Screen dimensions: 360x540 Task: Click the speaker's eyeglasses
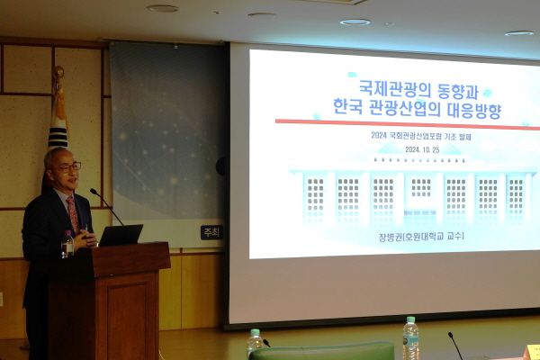68,167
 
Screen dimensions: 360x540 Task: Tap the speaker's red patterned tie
73,213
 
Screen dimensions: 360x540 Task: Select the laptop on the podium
120,236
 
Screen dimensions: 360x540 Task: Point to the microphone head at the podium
93,192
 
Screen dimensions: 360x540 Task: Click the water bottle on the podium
67,244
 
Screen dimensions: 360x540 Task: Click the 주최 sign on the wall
211,232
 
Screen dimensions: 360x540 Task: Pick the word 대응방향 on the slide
475,112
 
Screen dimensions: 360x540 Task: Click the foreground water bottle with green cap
410,338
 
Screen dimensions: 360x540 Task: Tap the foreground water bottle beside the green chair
255,341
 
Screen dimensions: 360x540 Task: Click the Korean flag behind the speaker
58,126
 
